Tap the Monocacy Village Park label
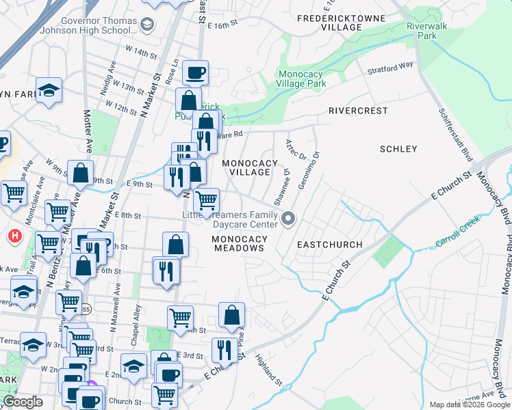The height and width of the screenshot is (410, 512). point(301,79)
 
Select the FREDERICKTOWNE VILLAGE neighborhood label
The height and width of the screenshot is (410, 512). point(331,21)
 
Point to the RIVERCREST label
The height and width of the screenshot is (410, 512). point(359,111)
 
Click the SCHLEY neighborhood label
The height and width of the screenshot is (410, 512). point(398,149)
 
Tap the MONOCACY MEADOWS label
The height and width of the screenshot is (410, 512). point(239,244)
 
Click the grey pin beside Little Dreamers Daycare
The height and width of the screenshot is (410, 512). point(288,219)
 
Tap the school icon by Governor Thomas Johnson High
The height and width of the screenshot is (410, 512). point(146,25)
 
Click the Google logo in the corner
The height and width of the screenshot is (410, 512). point(23,402)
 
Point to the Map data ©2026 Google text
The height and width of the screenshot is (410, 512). point(470,405)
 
